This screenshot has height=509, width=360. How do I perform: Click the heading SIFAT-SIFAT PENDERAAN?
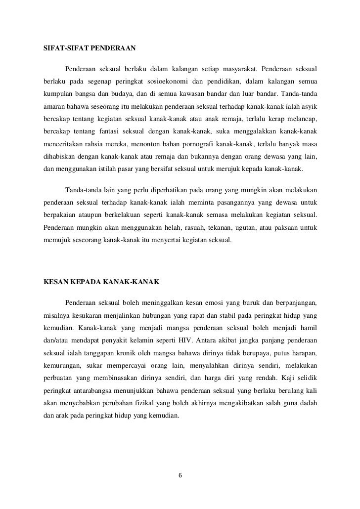[90, 49]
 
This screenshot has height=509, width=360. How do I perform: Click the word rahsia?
[97, 144]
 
